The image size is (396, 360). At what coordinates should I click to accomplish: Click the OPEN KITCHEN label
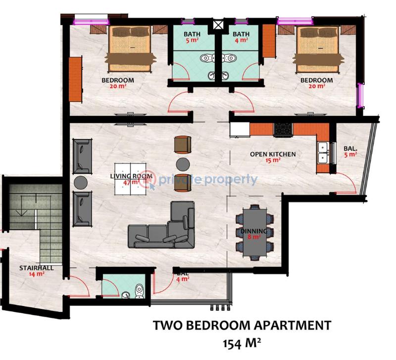pos(273,154)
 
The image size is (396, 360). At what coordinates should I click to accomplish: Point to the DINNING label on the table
pos(254,231)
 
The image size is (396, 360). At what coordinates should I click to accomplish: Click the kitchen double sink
pos(322,153)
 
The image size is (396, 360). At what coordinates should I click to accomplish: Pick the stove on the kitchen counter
pos(284,129)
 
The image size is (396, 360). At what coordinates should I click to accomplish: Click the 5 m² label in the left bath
pos(192,41)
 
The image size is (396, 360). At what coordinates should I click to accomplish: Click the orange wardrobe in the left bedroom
pos(75,78)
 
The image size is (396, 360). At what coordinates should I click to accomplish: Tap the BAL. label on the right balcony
pos(350,148)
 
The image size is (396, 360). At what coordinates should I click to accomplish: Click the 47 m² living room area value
pos(130,182)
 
